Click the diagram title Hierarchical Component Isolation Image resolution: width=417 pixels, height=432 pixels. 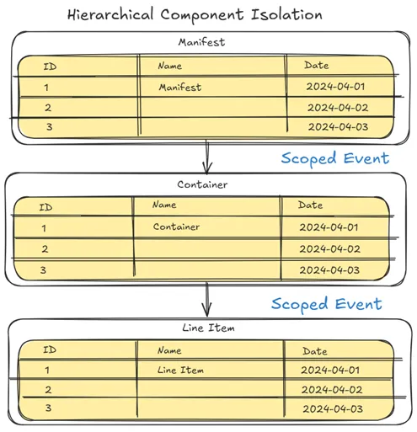194,15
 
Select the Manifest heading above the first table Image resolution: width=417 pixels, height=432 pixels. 201,42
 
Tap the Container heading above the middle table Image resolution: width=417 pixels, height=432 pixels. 202,184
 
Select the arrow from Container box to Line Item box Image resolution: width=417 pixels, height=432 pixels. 206,300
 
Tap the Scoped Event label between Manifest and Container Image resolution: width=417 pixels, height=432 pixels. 334,158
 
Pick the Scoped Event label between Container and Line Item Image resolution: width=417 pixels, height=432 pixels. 326,303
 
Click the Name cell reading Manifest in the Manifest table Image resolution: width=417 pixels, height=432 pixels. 180,87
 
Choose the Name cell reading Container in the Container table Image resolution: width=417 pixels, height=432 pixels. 177,227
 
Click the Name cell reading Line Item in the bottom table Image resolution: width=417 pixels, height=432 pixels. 180,370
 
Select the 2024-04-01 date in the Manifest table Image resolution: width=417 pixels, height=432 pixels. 338,87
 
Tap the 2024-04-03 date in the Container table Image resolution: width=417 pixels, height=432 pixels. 329,270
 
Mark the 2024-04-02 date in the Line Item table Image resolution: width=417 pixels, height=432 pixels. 332,390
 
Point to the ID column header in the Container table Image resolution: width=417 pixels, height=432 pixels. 46,206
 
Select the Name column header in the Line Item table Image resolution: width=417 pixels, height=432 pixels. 169,350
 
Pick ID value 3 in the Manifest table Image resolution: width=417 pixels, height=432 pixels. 47,127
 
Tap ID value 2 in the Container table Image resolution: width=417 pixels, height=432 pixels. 45,248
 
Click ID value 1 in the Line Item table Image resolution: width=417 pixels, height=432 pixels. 47,370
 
